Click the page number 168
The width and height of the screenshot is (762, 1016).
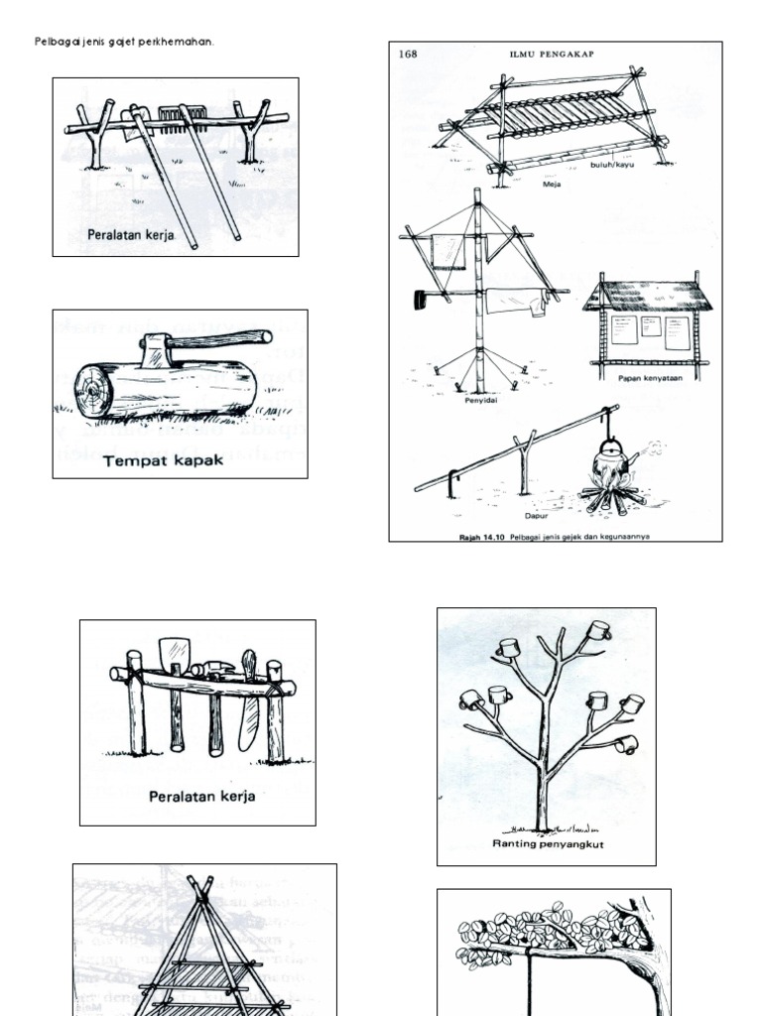click(x=408, y=55)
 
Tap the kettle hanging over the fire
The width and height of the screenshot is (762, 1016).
click(x=608, y=463)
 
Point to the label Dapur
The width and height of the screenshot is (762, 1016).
click(x=537, y=516)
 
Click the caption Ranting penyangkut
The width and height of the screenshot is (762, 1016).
click(x=548, y=844)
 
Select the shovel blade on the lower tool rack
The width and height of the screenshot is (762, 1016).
click(x=173, y=654)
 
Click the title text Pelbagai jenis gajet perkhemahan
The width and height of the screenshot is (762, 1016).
click(x=124, y=42)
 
